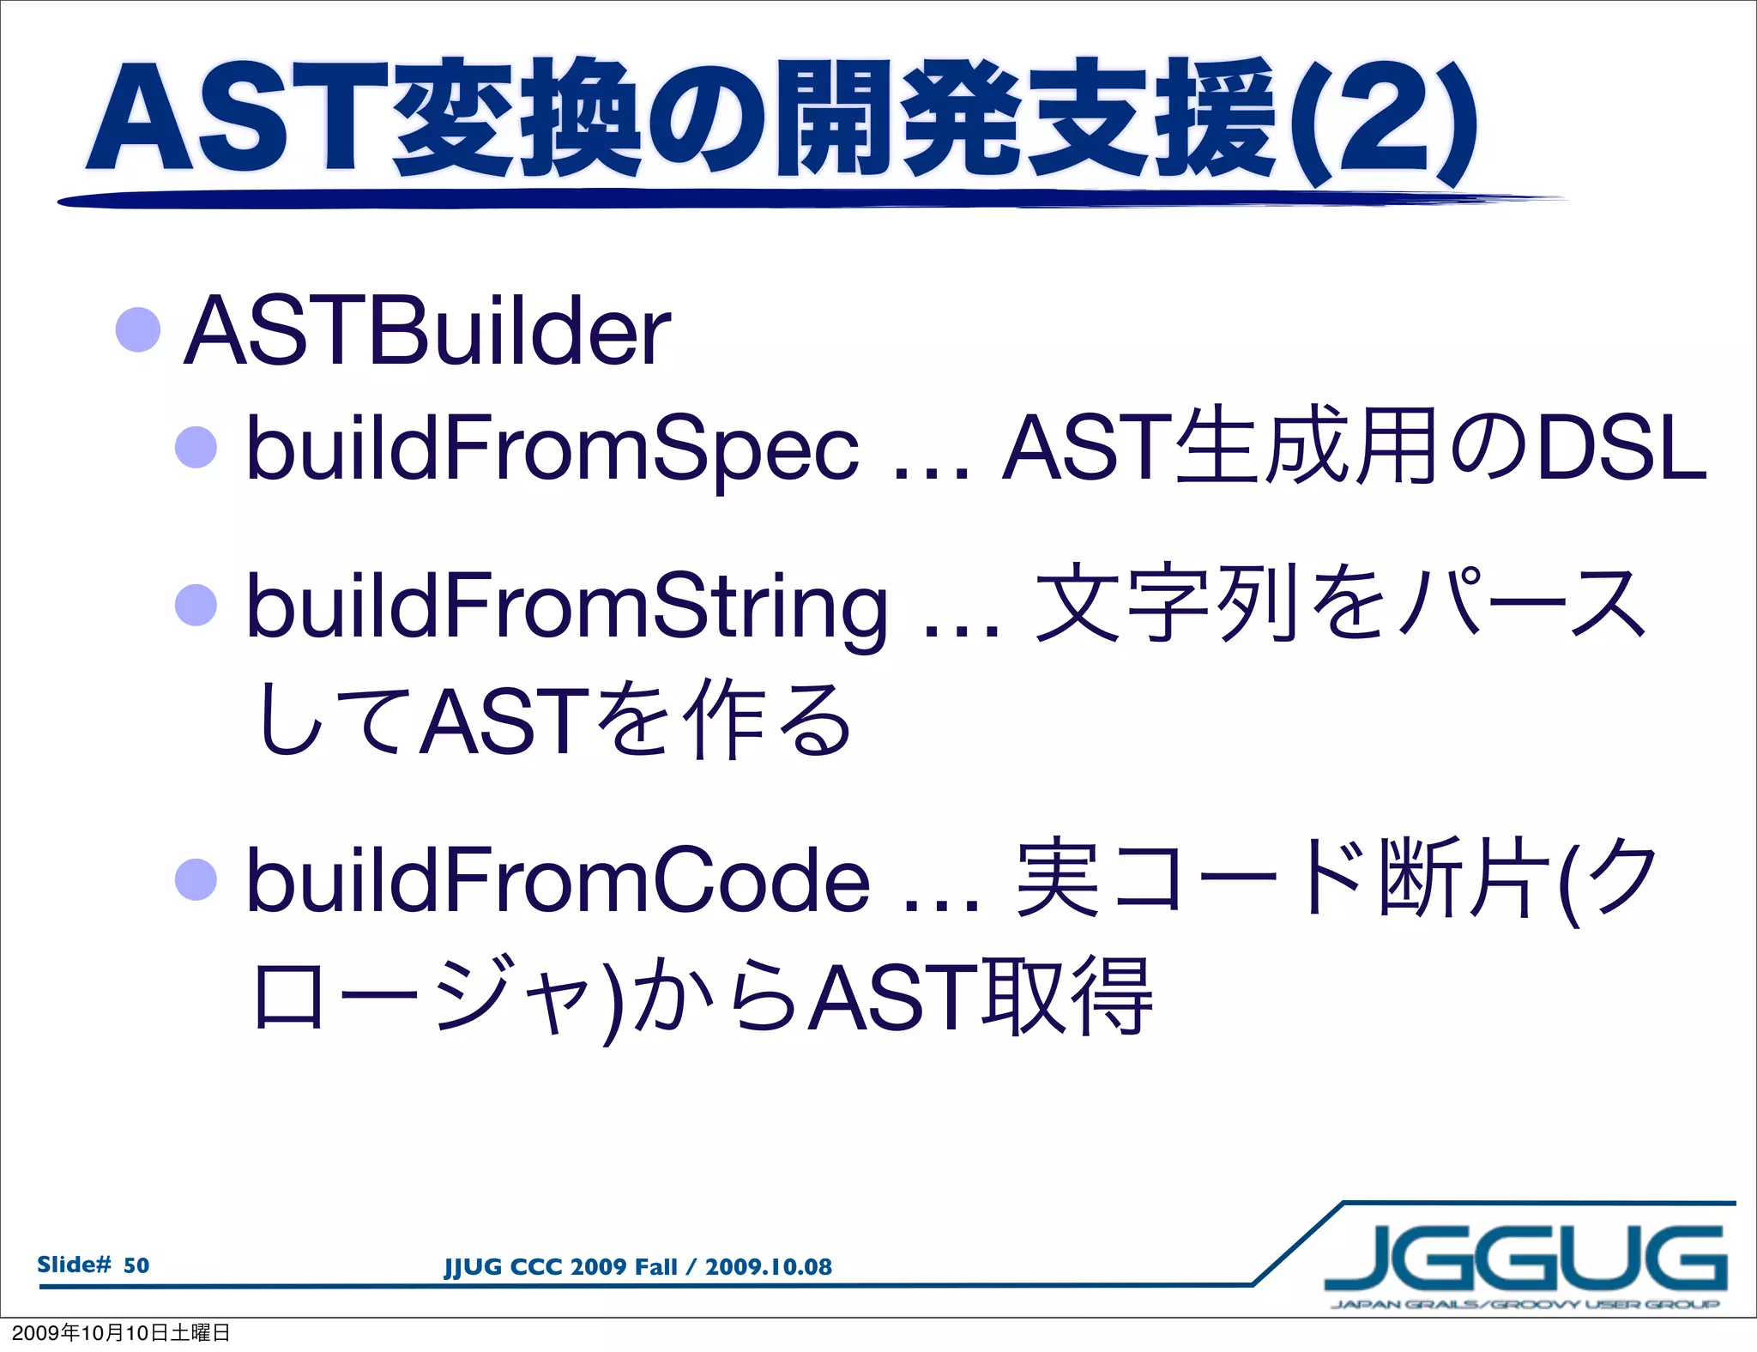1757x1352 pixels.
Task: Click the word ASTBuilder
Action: pyautogui.click(x=426, y=332)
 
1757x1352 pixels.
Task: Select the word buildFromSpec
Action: pyautogui.click(x=552, y=448)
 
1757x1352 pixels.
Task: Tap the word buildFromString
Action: pyautogui.click(x=566, y=607)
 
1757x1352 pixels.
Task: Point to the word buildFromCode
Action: pyautogui.click(x=558, y=880)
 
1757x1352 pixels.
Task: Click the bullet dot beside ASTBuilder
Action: pyautogui.click(x=138, y=329)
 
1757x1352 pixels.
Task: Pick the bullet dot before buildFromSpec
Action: pyautogui.click(x=196, y=447)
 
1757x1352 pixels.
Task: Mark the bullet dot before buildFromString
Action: pyautogui.click(x=196, y=605)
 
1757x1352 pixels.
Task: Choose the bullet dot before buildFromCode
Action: pyautogui.click(x=196, y=878)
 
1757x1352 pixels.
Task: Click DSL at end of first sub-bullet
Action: pyautogui.click(x=1621, y=448)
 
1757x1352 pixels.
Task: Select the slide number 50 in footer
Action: pyautogui.click(x=136, y=1265)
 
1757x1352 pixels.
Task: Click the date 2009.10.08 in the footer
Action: pyautogui.click(x=768, y=1267)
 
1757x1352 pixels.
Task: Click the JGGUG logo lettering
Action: pyautogui.click(x=1525, y=1258)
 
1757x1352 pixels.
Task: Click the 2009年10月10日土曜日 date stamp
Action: pyautogui.click(x=120, y=1333)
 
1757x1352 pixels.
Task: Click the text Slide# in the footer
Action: pyautogui.click(x=75, y=1264)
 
